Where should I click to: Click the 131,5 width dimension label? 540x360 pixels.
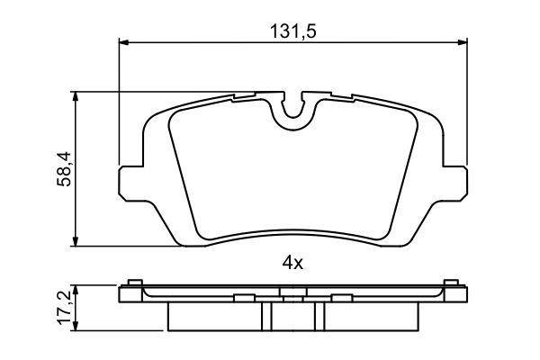(292, 31)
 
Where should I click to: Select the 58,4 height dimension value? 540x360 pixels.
(64, 169)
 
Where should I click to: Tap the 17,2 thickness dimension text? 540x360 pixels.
(64, 307)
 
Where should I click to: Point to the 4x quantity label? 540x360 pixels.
(292, 264)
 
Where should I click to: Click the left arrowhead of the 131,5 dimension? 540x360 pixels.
(123, 42)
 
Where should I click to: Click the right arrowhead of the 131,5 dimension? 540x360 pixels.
(463, 42)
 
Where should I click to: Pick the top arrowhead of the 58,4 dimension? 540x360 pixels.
(76, 96)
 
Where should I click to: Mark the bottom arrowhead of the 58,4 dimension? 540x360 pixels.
(76, 241)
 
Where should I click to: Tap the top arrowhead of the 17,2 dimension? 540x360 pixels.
(76, 290)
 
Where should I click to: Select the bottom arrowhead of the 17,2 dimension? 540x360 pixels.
(76, 326)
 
